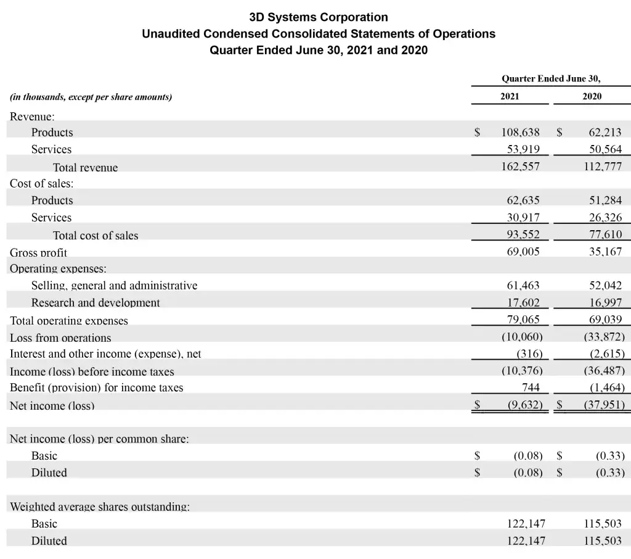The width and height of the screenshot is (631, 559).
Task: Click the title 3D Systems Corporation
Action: coord(319,17)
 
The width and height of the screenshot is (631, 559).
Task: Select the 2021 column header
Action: coord(510,96)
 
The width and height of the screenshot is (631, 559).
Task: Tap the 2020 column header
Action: coord(592,96)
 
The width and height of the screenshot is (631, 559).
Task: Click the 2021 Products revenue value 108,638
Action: coord(520,132)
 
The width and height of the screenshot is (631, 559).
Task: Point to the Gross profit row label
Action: coord(38,252)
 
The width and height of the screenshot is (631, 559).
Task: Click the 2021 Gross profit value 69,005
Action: coord(523,252)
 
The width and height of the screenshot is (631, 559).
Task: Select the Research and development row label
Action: coord(96,303)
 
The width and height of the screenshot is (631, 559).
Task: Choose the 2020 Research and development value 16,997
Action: coord(605,303)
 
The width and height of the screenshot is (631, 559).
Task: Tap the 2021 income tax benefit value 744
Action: coord(531,387)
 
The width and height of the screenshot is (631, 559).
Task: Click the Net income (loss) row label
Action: coord(52,405)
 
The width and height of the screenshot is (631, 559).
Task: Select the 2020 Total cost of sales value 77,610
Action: coord(605,234)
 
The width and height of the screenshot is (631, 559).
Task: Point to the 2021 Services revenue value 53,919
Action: coord(523,149)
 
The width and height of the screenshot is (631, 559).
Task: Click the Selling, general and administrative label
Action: coord(115,286)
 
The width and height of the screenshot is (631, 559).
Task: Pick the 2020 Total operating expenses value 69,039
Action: coord(605,320)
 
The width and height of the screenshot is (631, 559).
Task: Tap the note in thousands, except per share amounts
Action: coord(91,97)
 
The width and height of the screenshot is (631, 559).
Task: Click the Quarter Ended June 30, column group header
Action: coord(551,78)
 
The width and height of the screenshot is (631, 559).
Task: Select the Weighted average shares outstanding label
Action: coord(99,507)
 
